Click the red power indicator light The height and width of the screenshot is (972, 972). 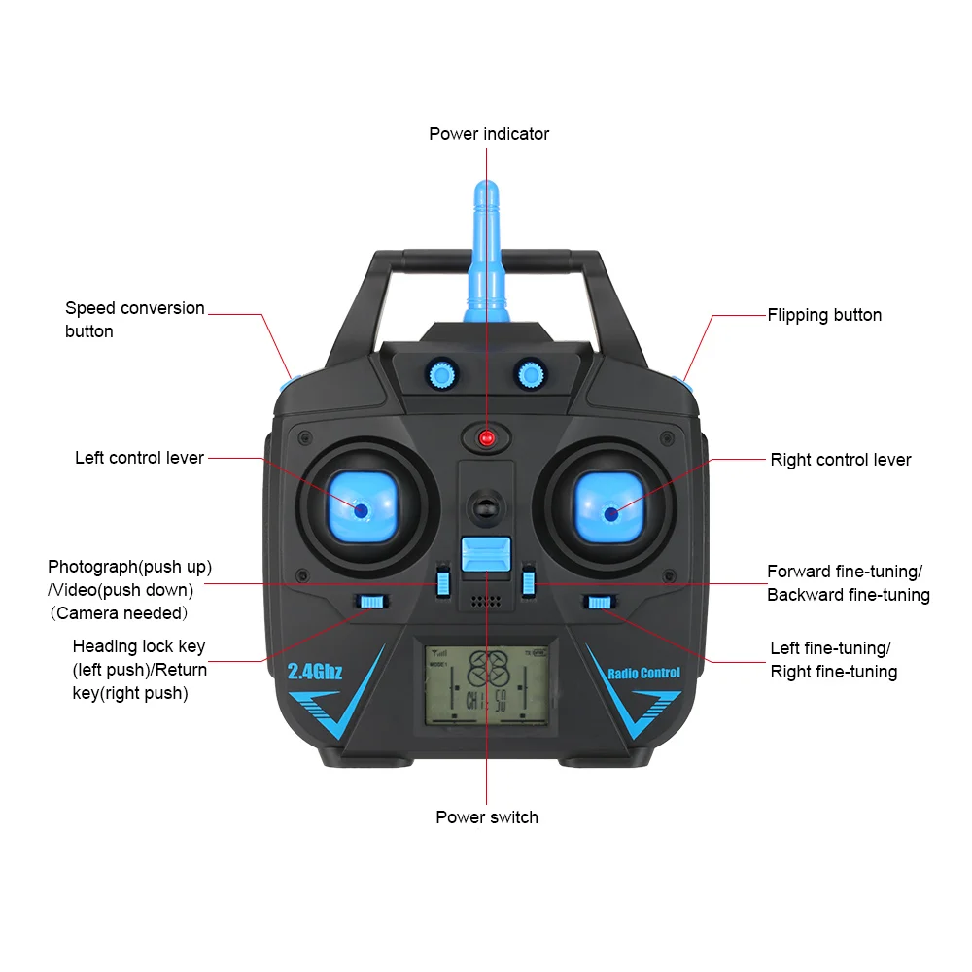[487, 438]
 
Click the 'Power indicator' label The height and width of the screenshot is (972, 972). [489, 134]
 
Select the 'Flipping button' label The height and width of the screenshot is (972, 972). [824, 315]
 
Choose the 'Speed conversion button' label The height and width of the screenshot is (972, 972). [134, 320]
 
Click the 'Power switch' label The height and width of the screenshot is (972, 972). [487, 817]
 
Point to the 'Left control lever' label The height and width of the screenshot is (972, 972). [139, 458]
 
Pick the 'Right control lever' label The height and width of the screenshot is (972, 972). [841, 460]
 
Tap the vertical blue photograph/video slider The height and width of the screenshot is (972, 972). [443, 581]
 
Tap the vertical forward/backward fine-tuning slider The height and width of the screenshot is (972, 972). [529, 581]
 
